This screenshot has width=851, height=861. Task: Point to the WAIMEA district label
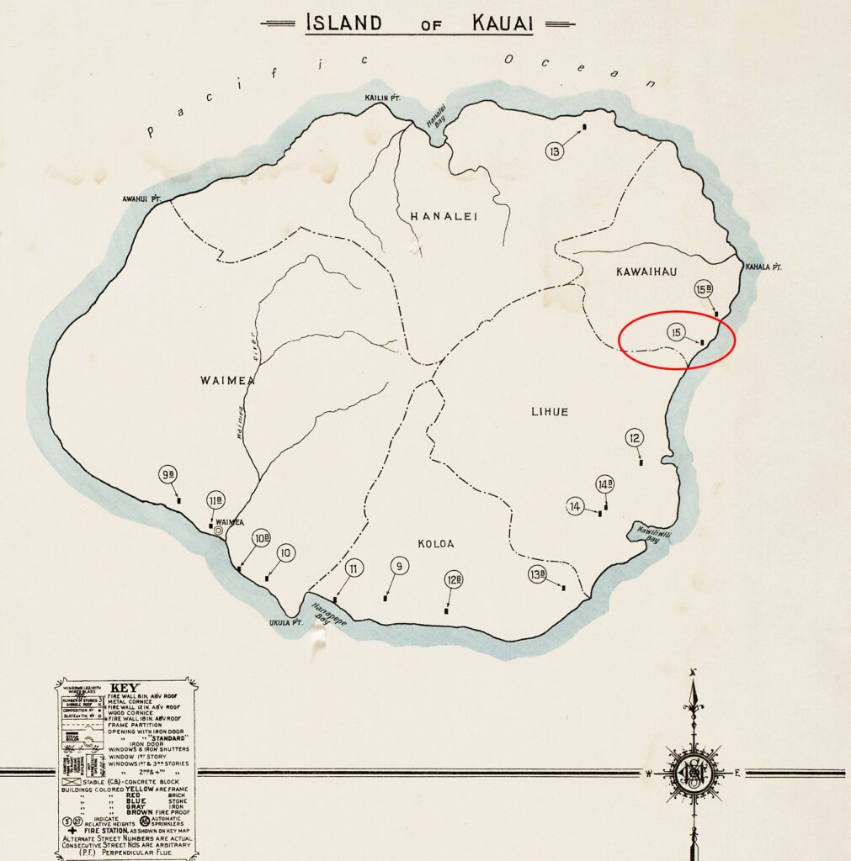tap(226, 380)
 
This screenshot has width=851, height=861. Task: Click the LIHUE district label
tap(549, 411)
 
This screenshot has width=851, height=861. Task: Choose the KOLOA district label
tap(435, 544)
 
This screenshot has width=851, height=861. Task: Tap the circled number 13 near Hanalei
tap(554, 151)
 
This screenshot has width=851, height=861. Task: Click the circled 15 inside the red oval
tap(676, 332)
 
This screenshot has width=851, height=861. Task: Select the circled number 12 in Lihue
tap(635, 437)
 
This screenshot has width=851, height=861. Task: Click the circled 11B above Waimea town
tap(215, 500)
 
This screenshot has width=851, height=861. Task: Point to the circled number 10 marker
tap(285, 552)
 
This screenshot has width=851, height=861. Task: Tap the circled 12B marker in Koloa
tap(454, 579)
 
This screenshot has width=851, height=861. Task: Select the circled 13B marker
tap(538, 575)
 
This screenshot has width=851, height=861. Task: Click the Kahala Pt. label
tap(763, 267)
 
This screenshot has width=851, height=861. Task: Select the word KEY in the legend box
tap(124, 687)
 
